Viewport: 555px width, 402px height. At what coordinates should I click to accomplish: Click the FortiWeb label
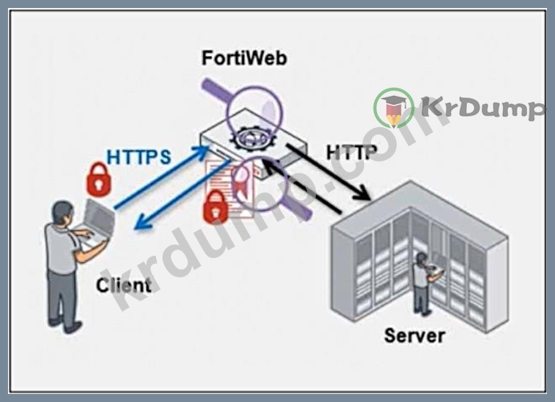pos(244,58)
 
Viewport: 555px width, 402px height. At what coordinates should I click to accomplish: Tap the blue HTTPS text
pos(139,157)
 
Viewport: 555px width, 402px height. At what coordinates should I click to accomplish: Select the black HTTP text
pos(351,152)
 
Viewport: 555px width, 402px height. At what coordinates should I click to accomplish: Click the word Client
pos(123,285)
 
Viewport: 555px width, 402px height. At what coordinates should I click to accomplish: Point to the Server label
pos(414,336)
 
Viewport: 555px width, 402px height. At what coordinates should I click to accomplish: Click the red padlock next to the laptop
pos(99,179)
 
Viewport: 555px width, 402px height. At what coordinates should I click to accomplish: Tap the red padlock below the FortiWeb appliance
pos(216,207)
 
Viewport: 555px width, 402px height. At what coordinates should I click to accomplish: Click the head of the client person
pos(63,213)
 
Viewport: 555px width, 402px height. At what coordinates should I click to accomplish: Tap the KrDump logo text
pos(482,107)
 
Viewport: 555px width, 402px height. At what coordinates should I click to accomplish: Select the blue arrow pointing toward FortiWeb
pos(162,177)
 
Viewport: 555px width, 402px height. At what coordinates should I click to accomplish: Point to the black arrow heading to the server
pos(329,172)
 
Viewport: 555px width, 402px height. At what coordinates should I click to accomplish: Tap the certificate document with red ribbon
pos(231,189)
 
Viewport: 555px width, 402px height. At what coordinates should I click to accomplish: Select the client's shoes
pos(66,326)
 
